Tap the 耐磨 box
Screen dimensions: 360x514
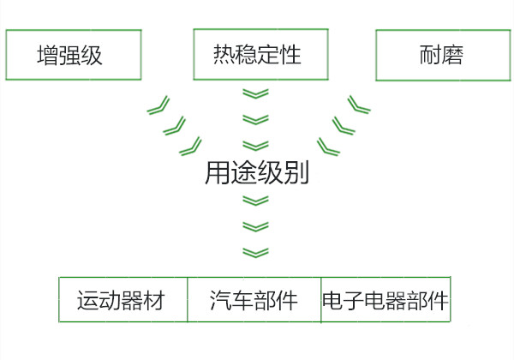[442, 56]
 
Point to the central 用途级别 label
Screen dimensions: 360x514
[257, 173]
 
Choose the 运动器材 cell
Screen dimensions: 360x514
[123, 301]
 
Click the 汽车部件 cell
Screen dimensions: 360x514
[254, 301]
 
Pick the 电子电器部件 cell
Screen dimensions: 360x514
[385, 301]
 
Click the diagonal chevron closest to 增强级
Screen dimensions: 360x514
[158, 106]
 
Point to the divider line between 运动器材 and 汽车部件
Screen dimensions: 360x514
[188, 301]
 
